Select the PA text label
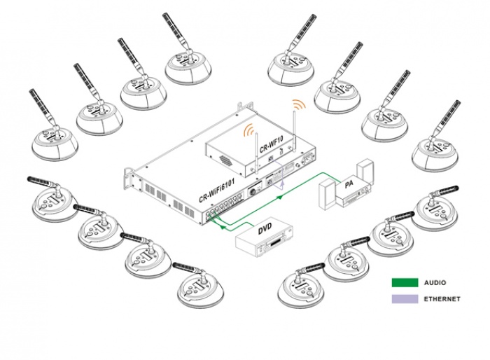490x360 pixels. (x=349, y=184)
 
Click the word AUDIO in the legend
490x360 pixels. (x=434, y=284)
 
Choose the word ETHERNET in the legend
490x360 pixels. (x=442, y=299)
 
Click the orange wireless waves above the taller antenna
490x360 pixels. (x=299, y=104)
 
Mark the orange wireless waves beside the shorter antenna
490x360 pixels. (x=247, y=131)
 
